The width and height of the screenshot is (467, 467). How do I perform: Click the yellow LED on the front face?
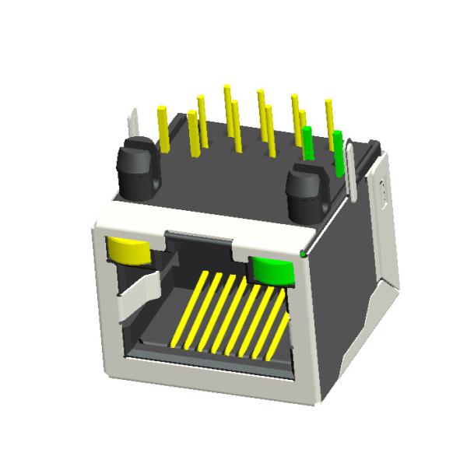[x=129, y=251]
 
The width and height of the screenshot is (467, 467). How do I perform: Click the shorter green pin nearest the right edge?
[x=338, y=152]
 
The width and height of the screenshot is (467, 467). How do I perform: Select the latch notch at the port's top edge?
[x=198, y=236]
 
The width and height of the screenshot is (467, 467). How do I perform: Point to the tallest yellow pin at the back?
[x=226, y=105]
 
